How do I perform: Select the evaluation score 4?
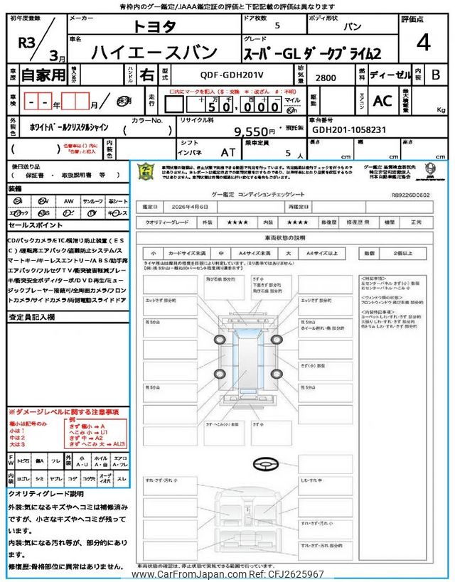(423, 43)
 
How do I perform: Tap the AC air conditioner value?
(382, 101)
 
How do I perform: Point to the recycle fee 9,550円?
(255, 131)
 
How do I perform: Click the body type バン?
(350, 27)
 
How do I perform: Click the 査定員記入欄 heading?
(33, 317)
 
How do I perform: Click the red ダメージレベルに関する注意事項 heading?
(64, 412)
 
